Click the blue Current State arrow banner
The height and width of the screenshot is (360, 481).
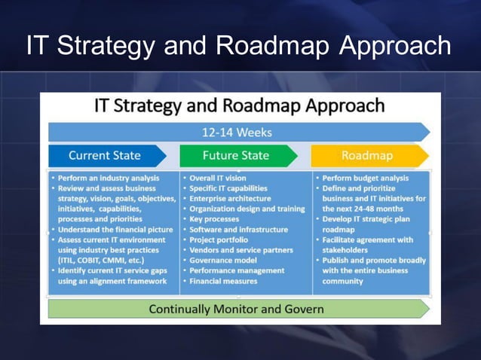[x=105, y=156]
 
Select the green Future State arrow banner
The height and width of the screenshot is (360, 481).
[x=235, y=156]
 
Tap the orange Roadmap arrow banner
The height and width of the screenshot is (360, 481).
[x=366, y=156]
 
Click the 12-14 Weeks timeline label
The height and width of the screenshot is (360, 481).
[x=237, y=133]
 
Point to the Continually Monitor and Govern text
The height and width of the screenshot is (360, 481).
[x=236, y=309]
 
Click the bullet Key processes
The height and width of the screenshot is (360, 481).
[x=218, y=219]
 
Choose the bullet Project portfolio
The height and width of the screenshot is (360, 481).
[x=220, y=239]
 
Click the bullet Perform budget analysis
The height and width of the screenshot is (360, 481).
[x=365, y=178]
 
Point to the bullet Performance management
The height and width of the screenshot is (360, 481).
[x=237, y=270]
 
